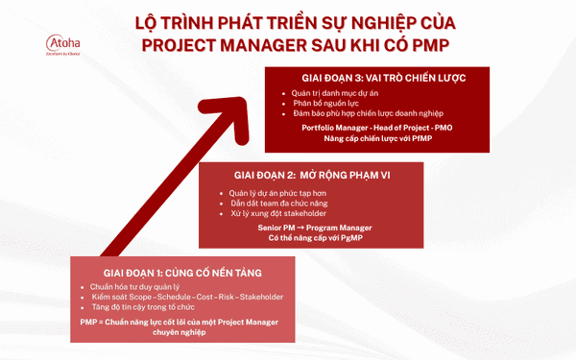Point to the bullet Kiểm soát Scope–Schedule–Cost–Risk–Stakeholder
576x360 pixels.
point(180,298)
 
